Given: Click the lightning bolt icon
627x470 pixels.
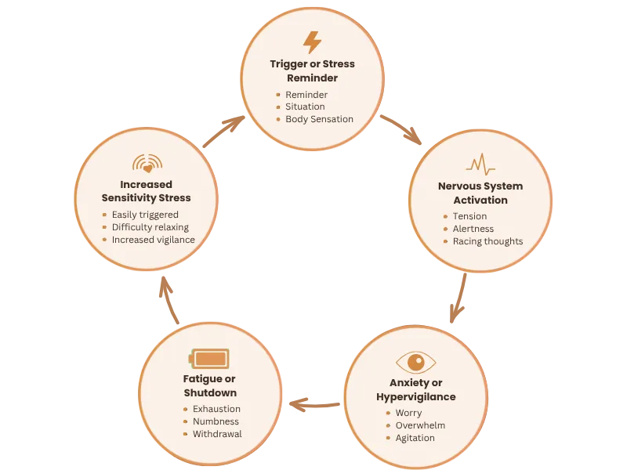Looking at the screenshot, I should point(312,42).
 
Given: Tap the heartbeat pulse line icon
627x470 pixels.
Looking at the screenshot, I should point(480,164).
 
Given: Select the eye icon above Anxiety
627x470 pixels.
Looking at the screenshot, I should point(415,362).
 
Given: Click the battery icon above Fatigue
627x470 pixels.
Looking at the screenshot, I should point(209,359).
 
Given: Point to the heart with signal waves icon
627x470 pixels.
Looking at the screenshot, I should point(147,164).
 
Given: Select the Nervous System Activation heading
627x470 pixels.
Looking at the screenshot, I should point(480,193).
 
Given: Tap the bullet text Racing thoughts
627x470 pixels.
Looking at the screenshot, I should point(487,241).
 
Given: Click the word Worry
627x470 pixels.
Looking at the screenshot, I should point(408,413).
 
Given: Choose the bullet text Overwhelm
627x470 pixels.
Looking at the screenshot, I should point(420,425).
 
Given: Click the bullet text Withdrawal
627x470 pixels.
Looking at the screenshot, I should point(217,434).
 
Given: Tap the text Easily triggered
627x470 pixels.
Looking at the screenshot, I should point(145,215).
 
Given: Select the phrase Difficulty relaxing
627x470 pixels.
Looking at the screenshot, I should point(150,227).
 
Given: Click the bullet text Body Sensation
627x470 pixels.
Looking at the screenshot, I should point(319,119).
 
